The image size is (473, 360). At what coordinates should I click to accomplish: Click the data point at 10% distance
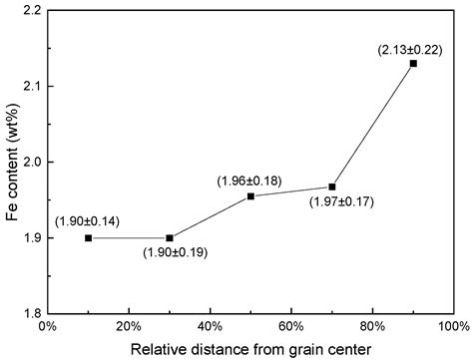point(89,238)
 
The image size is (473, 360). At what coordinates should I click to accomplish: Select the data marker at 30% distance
point(170,238)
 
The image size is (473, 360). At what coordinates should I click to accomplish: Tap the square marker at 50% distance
point(250,196)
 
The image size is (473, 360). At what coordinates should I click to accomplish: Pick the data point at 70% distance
point(332,186)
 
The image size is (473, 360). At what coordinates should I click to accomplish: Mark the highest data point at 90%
point(413,63)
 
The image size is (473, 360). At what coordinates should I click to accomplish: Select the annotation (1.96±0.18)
point(251,180)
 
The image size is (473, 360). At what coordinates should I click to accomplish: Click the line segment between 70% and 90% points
point(372,125)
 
